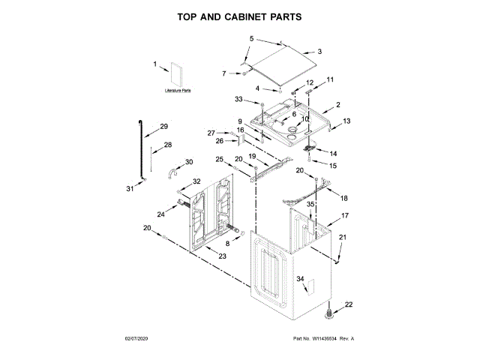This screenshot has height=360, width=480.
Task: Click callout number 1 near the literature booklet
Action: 155,65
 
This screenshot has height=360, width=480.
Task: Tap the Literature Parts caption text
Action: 178,90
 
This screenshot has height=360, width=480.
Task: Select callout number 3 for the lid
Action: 319,52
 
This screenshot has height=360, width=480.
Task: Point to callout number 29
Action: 164,127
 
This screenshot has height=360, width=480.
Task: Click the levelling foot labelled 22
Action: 330,312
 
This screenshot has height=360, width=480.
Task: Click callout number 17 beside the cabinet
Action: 346,215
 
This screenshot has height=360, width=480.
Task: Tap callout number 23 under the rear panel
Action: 222,256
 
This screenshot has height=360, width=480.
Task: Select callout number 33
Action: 238,99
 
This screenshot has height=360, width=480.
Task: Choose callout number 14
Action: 333,154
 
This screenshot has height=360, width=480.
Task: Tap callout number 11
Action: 329,79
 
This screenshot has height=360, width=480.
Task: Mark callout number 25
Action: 220,159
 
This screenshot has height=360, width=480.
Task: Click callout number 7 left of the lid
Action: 223,73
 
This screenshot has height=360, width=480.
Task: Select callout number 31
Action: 128,187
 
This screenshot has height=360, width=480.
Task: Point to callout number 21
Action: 343,238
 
